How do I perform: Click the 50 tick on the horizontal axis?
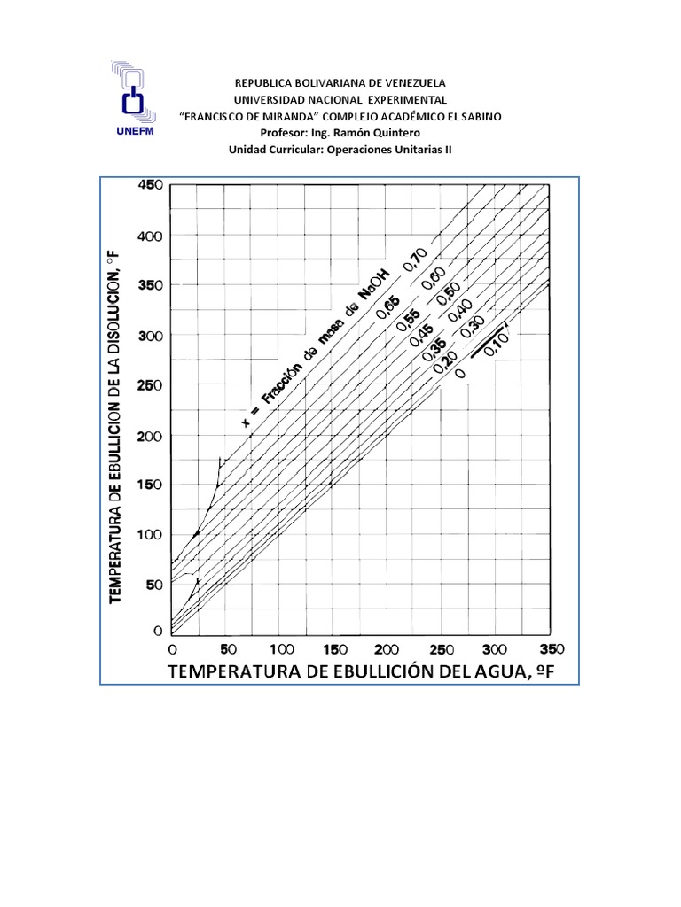pos(228,648)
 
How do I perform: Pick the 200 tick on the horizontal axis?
pos(387,648)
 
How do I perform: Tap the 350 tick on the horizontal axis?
pos(551,648)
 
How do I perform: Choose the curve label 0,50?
pos(450,291)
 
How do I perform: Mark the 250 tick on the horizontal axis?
pos(442,648)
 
